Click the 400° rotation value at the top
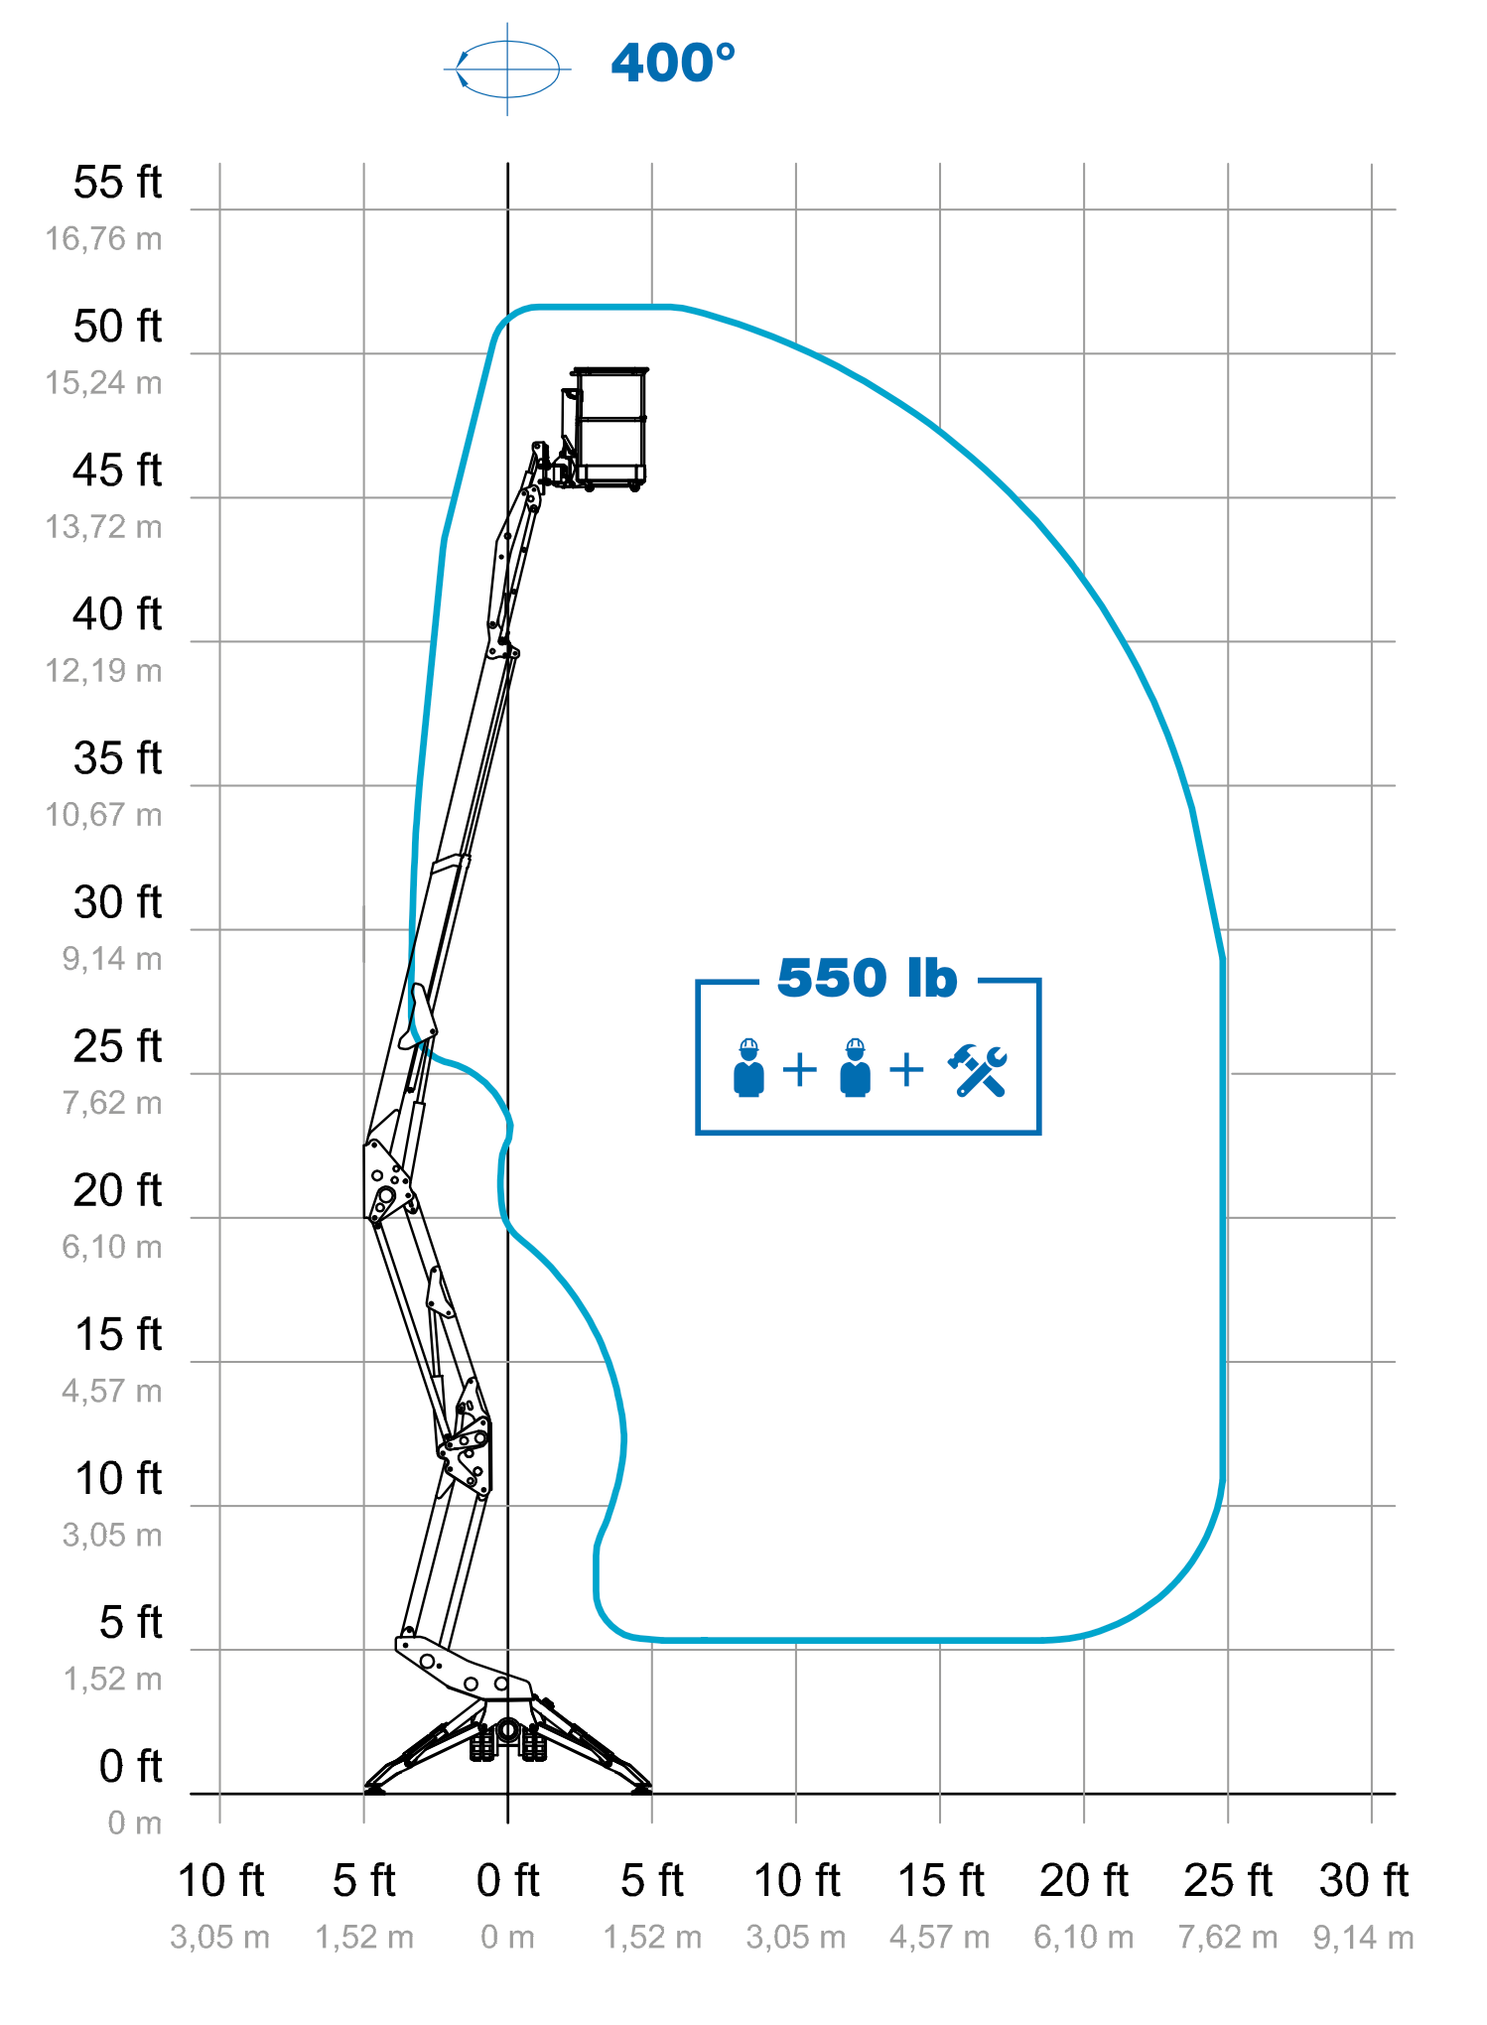click(673, 63)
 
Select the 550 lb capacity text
click(867, 978)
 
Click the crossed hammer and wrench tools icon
click(978, 1070)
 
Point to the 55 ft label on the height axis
click(117, 183)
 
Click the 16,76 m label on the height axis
click(103, 239)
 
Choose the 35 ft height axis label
click(117, 758)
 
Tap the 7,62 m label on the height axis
click(111, 1103)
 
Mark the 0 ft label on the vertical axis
click(130, 1766)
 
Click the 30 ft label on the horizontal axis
click(1363, 1880)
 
